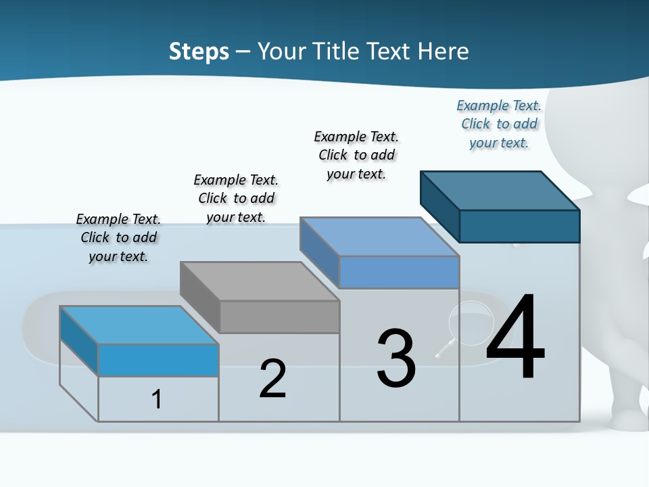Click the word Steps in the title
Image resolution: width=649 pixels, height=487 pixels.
point(199,51)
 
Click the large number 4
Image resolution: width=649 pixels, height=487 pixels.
point(515,338)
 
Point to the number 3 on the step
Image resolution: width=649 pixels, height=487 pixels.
point(396,359)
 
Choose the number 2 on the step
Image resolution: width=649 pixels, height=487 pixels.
point(272,379)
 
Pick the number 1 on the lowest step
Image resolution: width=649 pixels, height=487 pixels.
point(157,399)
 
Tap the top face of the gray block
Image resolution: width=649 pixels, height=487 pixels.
point(260,281)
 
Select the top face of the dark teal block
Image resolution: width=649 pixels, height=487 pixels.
point(500,190)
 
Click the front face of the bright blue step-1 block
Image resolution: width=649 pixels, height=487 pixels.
point(158,360)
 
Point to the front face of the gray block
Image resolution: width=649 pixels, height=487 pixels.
point(279,317)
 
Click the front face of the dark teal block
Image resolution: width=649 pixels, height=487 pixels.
point(519,226)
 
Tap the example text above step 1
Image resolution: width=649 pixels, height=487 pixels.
point(118,237)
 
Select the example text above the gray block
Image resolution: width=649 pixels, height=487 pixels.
point(236,198)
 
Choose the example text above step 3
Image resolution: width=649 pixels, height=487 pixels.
point(356,155)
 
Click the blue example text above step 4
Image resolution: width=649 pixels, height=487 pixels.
point(499,124)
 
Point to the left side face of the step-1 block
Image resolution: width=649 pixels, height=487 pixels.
point(79,340)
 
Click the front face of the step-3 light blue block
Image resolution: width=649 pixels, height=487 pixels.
point(399,272)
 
